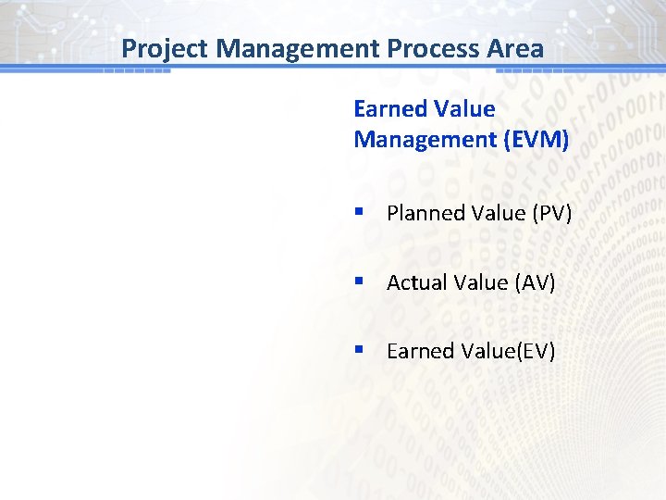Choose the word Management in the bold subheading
(x=422, y=140)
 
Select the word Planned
(x=423, y=214)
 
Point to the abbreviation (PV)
(x=552, y=214)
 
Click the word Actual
(x=416, y=282)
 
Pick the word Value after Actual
(x=481, y=282)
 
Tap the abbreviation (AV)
(x=536, y=282)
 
